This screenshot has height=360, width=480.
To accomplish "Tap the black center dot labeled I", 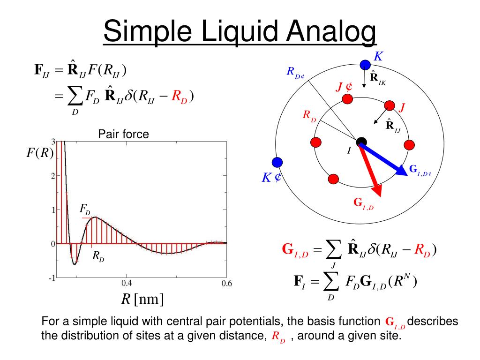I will pyautogui.click(x=361, y=142).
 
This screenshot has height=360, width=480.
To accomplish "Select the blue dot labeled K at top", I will pyautogui.click(x=365, y=64).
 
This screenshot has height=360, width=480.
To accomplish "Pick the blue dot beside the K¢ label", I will pyautogui.click(x=277, y=162).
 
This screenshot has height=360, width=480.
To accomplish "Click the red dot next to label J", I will pyautogui.click(x=389, y=105).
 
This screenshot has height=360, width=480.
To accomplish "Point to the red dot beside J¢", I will pyautogui.click(x=347, y=99).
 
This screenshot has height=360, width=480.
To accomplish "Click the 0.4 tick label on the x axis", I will pyautogui.click(x=127, y=283).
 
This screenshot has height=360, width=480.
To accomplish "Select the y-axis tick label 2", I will pyautogui.click(x=53, y=176).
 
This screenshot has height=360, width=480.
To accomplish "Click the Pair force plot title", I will pyautogui.click(x=123, y=135).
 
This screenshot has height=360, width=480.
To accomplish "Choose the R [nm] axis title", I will pyautogui.click(x=142, y=299).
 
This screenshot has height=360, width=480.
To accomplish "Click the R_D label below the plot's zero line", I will pyautogui.click(x=98, y=256).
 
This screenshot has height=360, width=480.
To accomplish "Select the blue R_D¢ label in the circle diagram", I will pyautogui.click(x=296, y=73).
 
